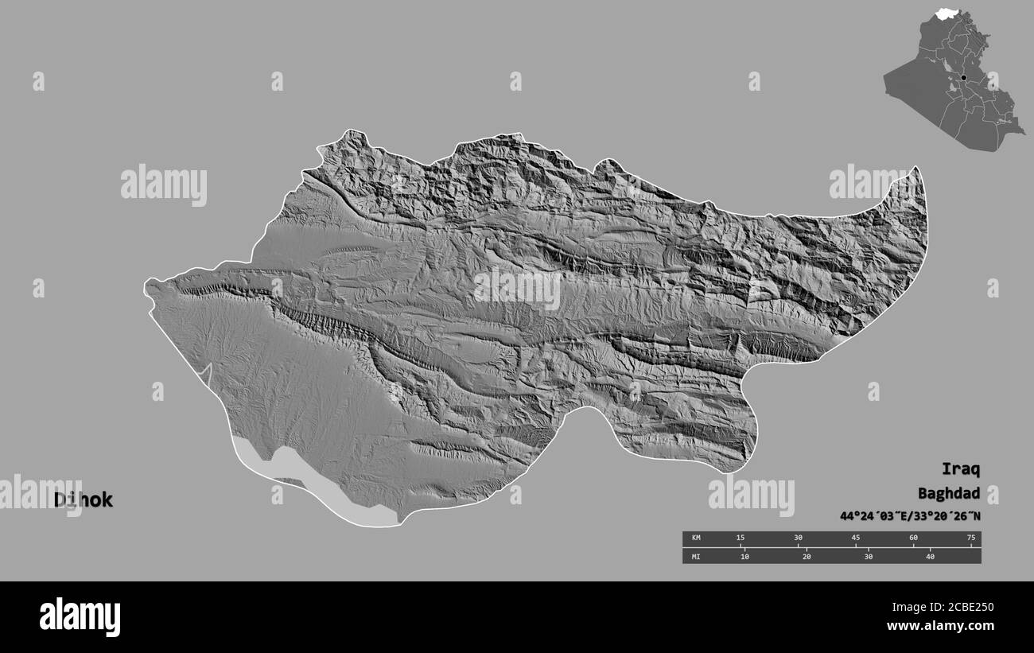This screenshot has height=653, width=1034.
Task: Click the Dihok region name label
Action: [84, 500]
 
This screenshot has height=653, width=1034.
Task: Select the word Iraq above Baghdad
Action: [961, 468]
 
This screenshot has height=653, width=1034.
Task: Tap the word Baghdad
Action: [948, 492]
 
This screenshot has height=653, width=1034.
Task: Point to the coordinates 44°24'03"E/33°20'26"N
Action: [910, 516]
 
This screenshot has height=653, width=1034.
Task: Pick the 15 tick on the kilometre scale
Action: [741, 538]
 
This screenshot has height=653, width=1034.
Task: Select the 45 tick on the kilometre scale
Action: [856, 538]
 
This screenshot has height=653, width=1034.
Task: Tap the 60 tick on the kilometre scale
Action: [913, 538]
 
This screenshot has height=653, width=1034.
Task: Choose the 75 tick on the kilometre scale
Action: [970, 538]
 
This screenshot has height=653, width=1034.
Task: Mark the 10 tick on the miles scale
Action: [744, 556]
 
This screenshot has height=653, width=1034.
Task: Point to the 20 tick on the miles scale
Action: [807, 556]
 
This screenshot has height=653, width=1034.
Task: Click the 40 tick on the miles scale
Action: [930, 556]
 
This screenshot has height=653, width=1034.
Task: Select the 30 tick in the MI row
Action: [868, 556]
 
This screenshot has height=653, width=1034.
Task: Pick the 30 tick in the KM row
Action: [798, 538]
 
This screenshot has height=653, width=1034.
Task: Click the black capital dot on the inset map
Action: [963, 77]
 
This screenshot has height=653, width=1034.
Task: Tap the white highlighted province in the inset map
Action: [947, 14]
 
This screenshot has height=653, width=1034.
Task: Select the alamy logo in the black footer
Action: [80, 616]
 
